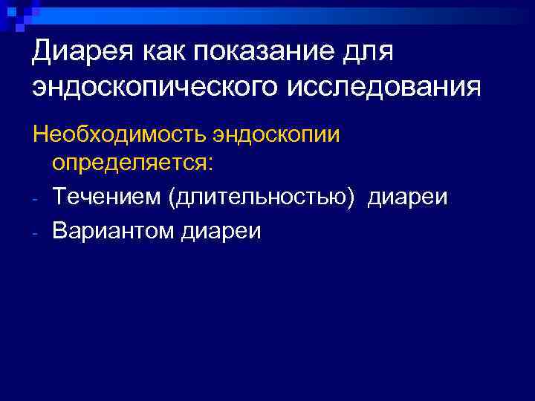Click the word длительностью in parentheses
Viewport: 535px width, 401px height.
tap(257, 198)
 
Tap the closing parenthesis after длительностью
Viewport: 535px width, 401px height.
tap(343, 198)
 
